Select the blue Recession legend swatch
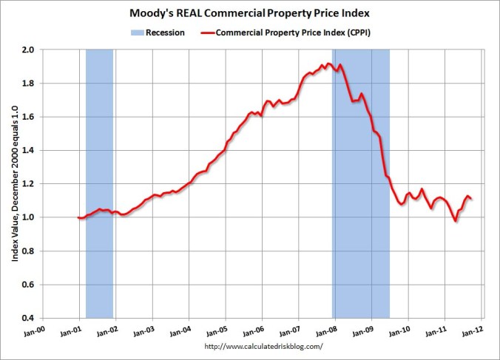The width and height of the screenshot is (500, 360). pyautogui.click(x=137, y=33)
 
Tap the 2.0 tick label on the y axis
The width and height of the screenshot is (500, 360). pyautogui.click(x=30, y=50)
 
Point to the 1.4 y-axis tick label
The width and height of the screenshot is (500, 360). pyautogui.click(x=30, y=150)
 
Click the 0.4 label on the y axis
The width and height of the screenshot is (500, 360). pyautogui.click(x=30, y=318)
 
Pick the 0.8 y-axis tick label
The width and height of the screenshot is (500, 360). pyautogui.click(x=30, y=251)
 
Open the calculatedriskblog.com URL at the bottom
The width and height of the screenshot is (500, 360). pyautogui.click(x=263, y=347)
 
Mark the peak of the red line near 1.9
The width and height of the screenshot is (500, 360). pyautogui.click(x=328, y=64)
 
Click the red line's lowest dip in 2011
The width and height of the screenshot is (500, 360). pyautogui.click(x=456, y=221)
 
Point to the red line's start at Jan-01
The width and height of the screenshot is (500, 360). pyautogui.click(x=78, y=217)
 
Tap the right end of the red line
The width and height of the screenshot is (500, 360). pyautogui.click(x=472, y=199)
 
